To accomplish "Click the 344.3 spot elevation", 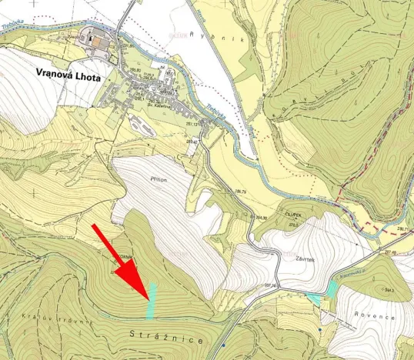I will click(x=389, y=289).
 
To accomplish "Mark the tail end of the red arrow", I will click(x=93, y=225).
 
